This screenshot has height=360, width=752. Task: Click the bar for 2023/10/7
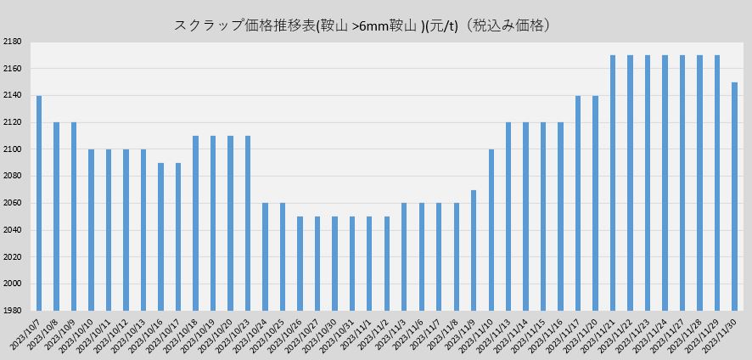point(39,204)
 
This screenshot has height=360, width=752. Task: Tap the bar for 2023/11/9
point(474,250)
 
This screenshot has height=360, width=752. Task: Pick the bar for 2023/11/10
point(491,230)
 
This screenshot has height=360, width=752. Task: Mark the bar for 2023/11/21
point(613,183)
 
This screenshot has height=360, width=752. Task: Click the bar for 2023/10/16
point(160,237)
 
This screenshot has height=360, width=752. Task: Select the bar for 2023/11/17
point(578,204)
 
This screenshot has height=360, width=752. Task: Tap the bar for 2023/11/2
point(387,264)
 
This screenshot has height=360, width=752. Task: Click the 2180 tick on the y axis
point(13,42)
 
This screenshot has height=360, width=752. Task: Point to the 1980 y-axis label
point(13,312)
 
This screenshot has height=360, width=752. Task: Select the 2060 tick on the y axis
point(13,204)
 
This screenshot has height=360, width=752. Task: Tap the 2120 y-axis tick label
point(13,122)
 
